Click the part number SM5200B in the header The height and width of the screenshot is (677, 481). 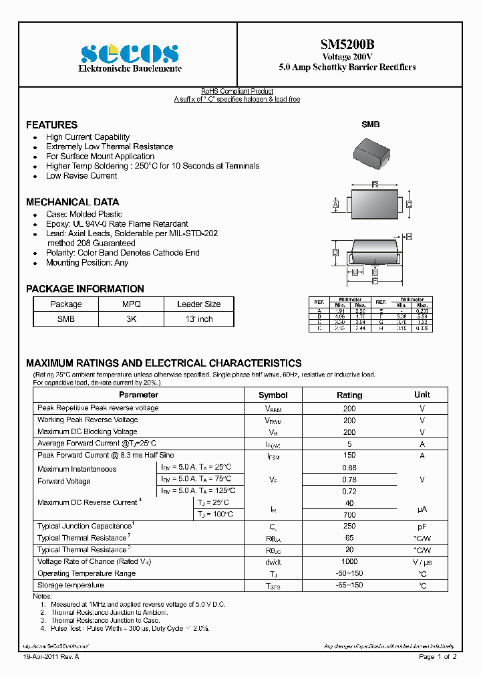click(x=347, y=45)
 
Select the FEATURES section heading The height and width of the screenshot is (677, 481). click(x=51, y=125)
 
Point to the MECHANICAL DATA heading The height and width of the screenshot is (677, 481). click(x=72, y=202)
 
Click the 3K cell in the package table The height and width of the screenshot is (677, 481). click(x=131, y=319)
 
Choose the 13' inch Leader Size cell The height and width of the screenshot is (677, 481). click(x=198, y=319)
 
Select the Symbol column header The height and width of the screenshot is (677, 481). click(x=273, y=395)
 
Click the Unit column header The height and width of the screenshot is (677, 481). click(x=422, y=395)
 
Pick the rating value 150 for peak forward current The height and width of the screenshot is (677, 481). click(x=349, y=456)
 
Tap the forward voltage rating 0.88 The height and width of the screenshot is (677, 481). click(x=349, y=468)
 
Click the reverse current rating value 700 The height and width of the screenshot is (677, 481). click(x=349, y=515)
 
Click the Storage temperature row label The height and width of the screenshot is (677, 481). click(x=71, y=585)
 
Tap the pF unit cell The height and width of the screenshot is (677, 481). click(x=422, y=527)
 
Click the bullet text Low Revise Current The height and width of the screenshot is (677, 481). click(x=82, y=176)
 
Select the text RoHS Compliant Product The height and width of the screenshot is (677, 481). click(x=237, y=92)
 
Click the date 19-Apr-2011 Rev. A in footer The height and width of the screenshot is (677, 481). click(x=51, y=658)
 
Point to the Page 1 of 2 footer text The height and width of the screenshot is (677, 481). click(x=438, y=658)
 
